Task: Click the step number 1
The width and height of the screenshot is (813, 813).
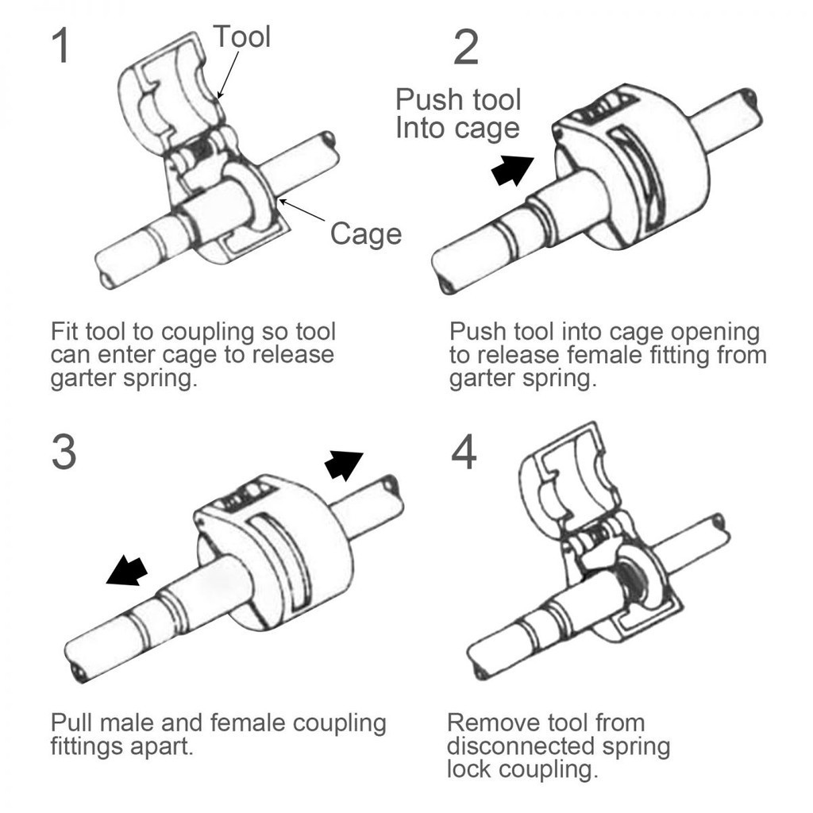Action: click(x=61, y=47)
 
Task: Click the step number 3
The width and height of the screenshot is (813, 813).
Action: click(x=64, y=452)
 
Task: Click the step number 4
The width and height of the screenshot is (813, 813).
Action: click(x=464, y=453)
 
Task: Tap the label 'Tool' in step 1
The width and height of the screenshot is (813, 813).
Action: click(x=242, y=37)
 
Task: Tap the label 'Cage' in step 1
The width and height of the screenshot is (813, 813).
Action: click(x=366, y=233)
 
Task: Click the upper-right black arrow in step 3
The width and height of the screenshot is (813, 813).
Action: click(x=343, y=464)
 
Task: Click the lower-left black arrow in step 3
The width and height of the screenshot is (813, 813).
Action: click(x=127, y=569)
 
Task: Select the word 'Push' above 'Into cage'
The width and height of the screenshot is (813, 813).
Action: click(x=428, y=101)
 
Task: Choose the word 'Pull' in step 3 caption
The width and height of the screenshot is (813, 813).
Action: click(x=73, y=723)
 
